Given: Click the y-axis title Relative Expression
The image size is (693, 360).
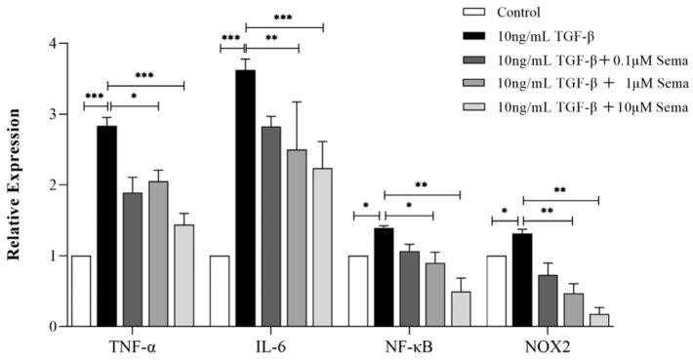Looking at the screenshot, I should [x=15, y=185].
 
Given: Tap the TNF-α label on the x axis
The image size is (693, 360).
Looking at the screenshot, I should [x=131, y=345].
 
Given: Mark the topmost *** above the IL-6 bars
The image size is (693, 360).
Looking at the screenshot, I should [x=283, y=19].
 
